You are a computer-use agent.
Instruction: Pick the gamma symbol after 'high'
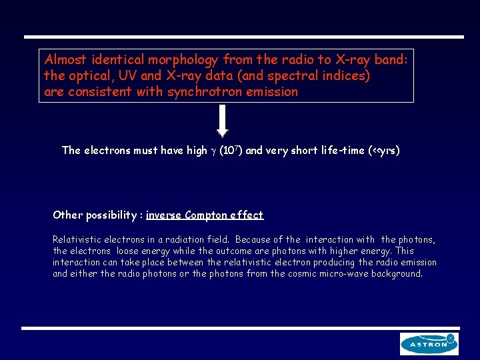[213, 151]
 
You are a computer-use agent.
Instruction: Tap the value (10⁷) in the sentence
[231, 150]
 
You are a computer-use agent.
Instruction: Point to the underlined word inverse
[163, 215]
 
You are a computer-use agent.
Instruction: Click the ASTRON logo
[429, 344]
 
